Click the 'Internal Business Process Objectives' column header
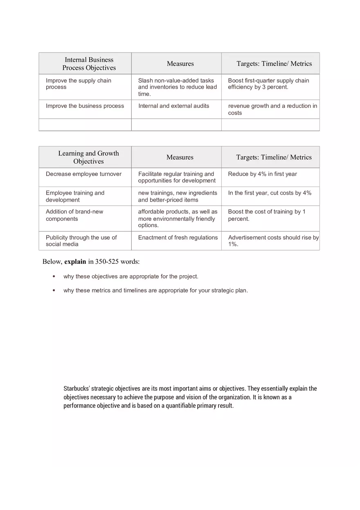tap(89, 64)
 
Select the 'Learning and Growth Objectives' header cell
tap(88, 157)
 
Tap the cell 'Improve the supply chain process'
tap(79, 84)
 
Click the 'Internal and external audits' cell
tap(173, 106)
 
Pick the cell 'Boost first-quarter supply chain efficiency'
tap(268, 84)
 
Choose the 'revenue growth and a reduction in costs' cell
tap(272, 109)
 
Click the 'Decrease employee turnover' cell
tap(83, 174)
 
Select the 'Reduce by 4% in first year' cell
tap(262, 174)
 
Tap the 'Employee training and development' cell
tap(75, 196)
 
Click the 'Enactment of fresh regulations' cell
tap(178, 238)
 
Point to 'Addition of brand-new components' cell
tap(74, 215)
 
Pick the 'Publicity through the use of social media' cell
tap(81, 241)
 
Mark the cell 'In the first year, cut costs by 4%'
tap(270, 193)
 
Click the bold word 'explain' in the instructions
tap(75, 262)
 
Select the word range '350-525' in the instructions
tap(107, 262)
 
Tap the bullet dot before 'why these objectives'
tap(54, 276)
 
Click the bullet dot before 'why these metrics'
tap(54, 291)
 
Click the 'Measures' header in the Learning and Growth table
tap(180, 157)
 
